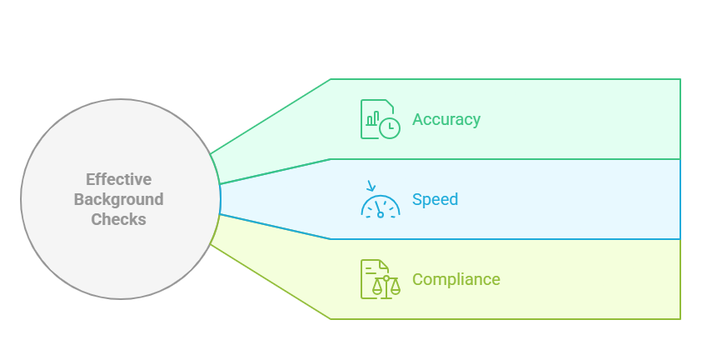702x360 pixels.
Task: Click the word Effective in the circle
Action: click(119, 179)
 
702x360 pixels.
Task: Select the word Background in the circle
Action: click(119, 200)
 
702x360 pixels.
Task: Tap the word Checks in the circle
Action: click(119, 220)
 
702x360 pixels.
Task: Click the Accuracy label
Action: click(446, 119)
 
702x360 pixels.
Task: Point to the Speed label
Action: click(435, 200)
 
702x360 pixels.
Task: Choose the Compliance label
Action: click(456, 279)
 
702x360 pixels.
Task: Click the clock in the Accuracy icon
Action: click(389, 127)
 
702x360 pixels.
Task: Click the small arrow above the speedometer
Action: click(371, 185)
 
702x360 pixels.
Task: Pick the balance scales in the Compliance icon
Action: click(386, 285)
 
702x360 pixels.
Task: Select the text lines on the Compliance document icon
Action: click(369, 270)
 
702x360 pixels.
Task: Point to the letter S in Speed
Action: click(417, 200)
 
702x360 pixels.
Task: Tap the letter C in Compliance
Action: click(418, 279)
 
